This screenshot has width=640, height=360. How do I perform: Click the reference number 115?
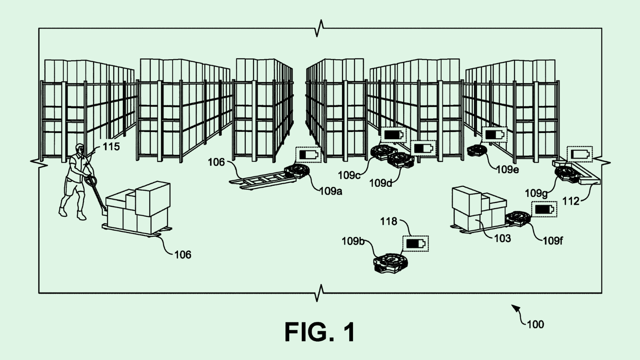tap(111, 147)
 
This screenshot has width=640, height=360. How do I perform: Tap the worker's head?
tap(79, 149)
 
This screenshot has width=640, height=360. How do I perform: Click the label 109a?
tap(330, 191)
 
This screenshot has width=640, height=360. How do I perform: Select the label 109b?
tap(353, 241)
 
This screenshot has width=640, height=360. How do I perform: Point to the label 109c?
tap(349, 175)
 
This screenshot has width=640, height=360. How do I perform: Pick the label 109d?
tap(380, 183)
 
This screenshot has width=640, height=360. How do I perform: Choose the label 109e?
tap(507, 170)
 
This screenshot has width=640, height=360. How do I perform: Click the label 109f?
tap(552, 240)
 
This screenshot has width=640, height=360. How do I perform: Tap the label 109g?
tap(536, 193)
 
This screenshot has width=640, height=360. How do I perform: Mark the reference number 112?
tap(571, 201)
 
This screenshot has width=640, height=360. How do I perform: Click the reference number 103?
tap(502, 238)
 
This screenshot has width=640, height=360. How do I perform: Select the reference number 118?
tap(388, 221)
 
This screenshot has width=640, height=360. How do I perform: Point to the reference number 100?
tap(535, 324)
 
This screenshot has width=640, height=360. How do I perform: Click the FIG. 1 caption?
tap(320, 332)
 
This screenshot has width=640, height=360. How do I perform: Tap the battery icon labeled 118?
tap(415, 243)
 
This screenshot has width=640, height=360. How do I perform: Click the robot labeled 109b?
tap(390, 263)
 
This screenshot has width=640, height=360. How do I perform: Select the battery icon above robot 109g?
tap(580, 154)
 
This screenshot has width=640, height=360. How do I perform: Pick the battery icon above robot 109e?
tap(494, 135)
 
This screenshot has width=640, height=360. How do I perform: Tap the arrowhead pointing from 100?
tap(515, 308)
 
